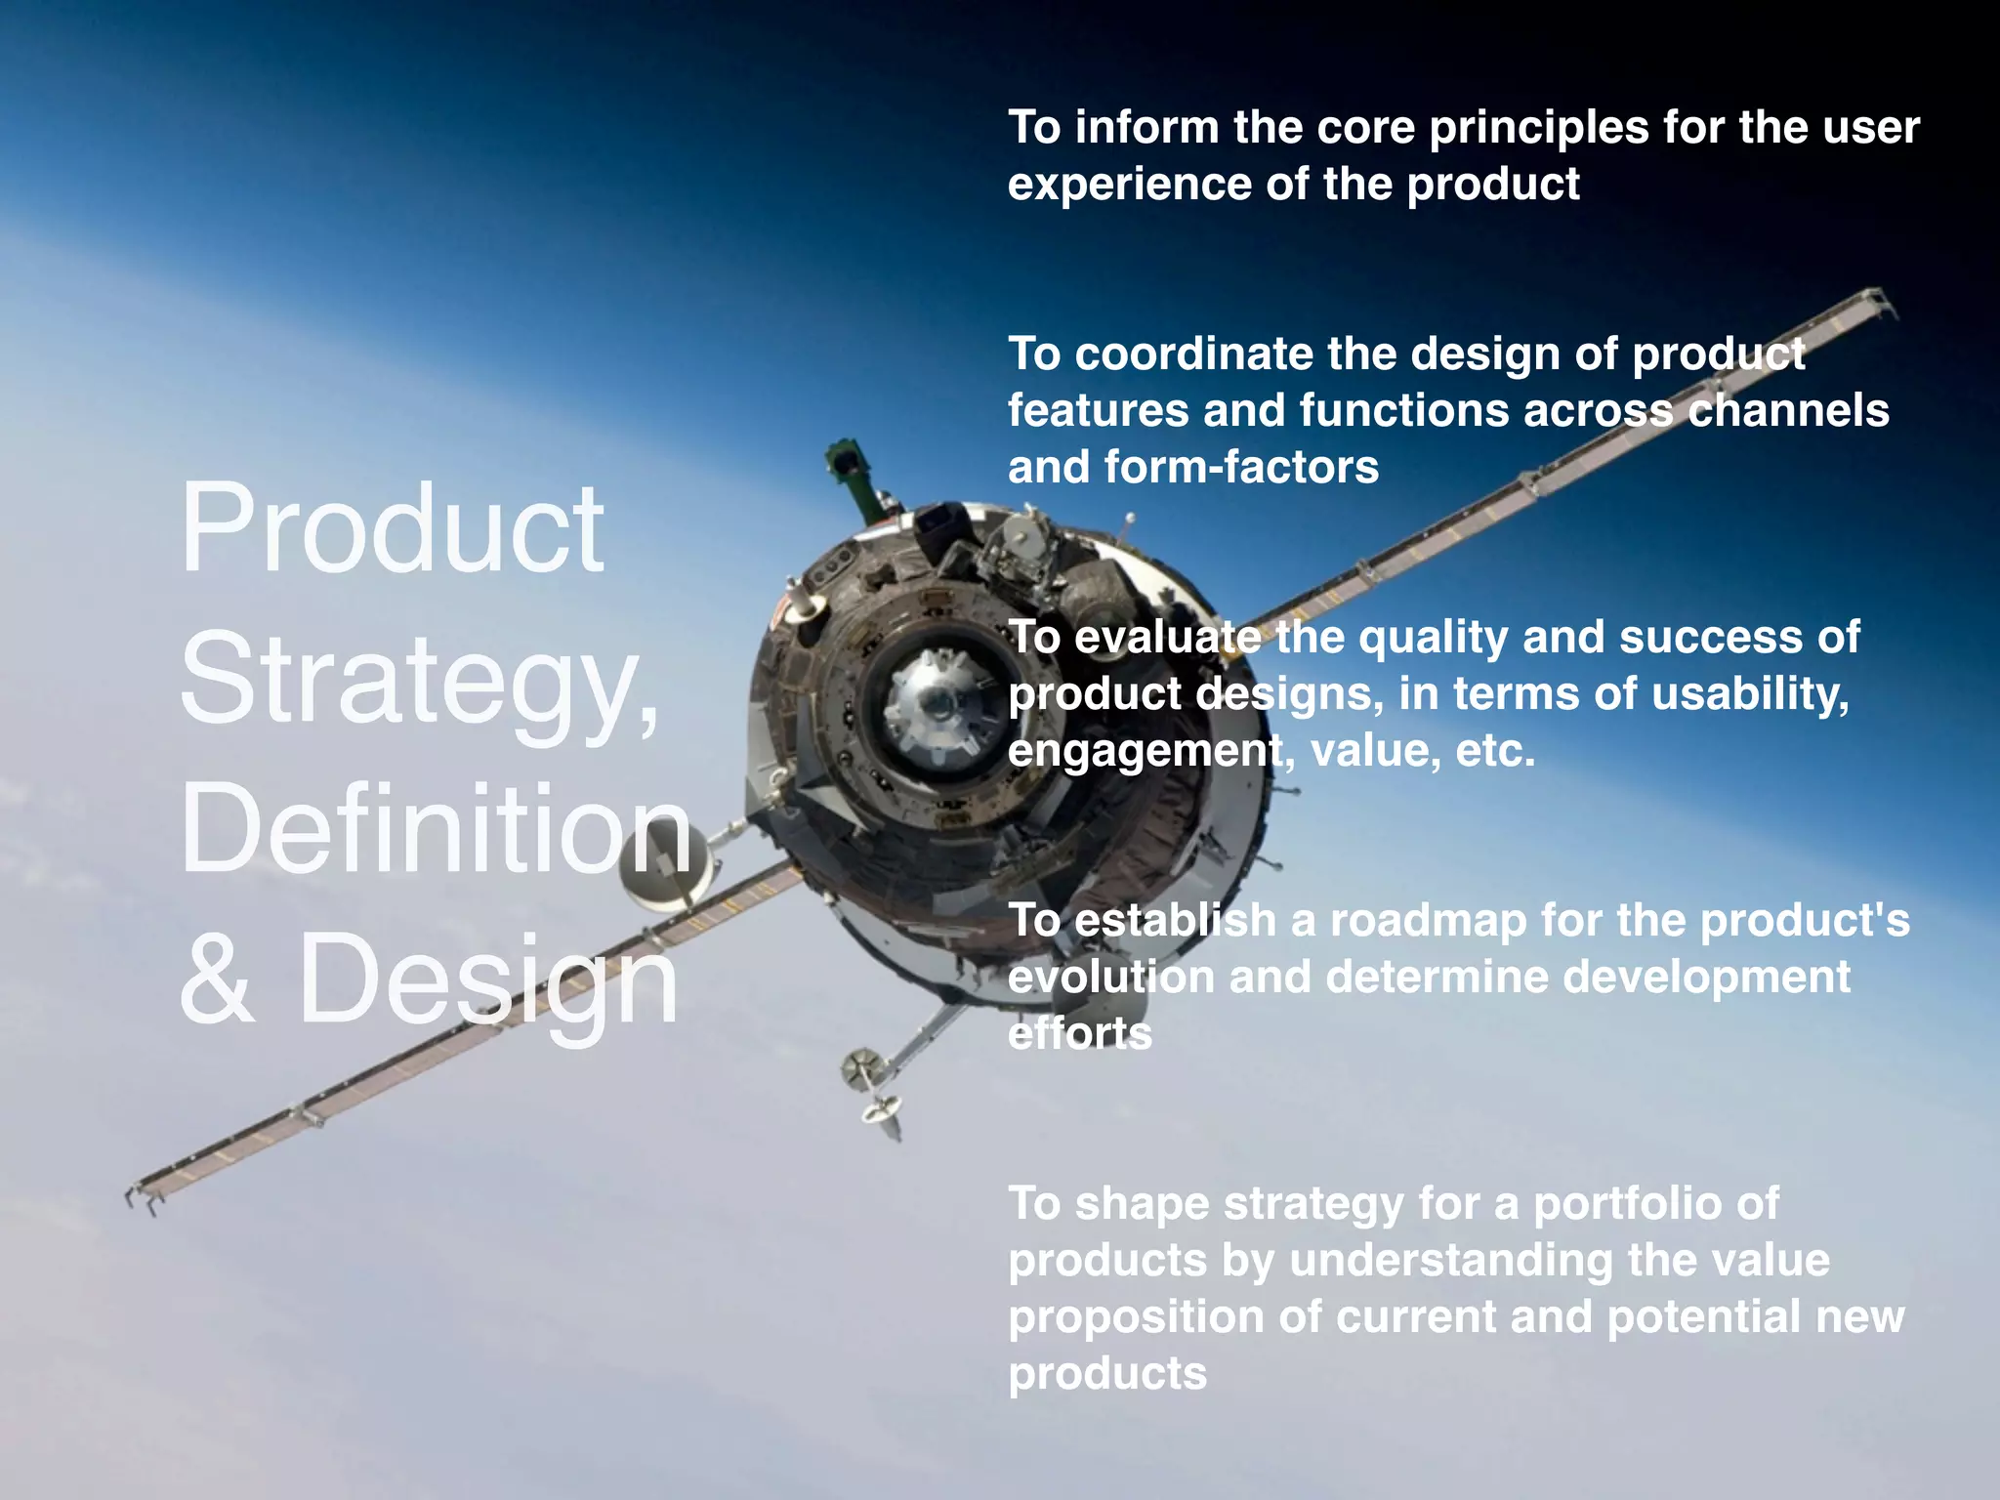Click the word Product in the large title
393,530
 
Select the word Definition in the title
436,830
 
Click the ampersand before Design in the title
217,979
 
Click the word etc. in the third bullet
1494,751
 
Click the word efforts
1079,1034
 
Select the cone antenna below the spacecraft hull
879,1113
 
